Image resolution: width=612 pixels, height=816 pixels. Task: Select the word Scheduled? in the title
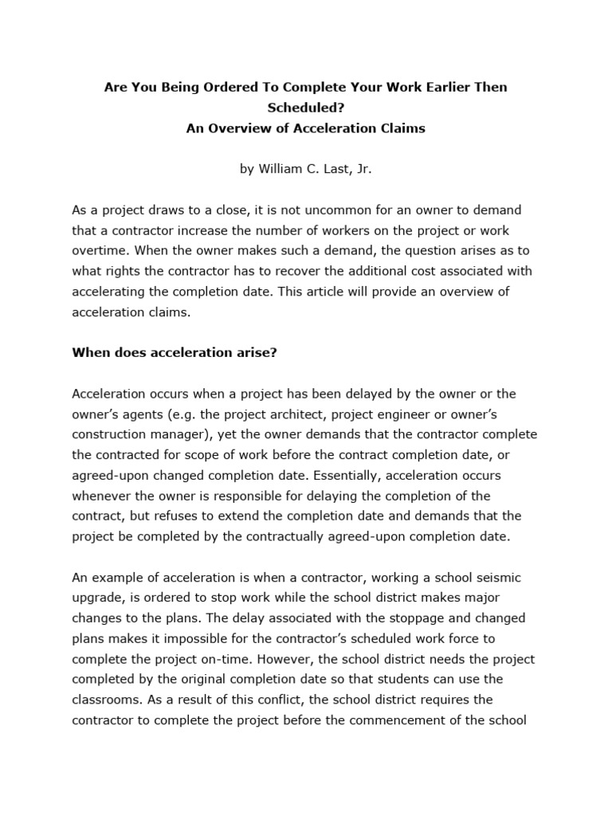pos(305,108)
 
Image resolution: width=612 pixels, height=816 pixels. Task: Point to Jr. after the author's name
pos(363,169)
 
